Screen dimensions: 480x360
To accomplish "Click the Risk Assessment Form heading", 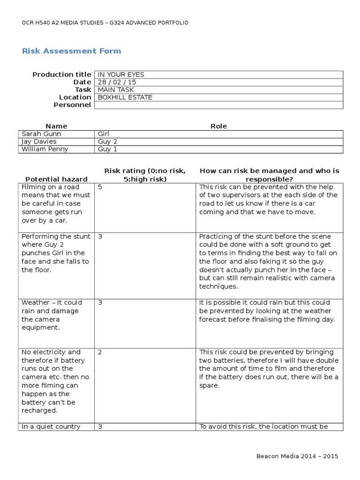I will [71, 51].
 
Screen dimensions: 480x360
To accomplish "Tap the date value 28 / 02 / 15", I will [116, 82].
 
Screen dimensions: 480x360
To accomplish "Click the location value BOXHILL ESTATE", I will [125, 97].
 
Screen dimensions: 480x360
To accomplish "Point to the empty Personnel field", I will [218, 105].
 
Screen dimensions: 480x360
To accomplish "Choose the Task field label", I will [83, 90].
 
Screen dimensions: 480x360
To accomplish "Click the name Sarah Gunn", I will [41, 134].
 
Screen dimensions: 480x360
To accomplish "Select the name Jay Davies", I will [39, 141].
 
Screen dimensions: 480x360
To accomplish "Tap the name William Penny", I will [45, 149].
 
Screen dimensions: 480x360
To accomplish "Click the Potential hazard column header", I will [56, 179].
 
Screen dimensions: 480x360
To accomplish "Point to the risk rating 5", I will [100, 187].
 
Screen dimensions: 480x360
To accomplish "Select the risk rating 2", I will [100, 352].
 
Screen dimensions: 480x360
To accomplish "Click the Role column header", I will [219, 126].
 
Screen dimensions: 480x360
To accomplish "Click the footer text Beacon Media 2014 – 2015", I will [297, 456].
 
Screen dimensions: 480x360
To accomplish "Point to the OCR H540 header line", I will [105, 22].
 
